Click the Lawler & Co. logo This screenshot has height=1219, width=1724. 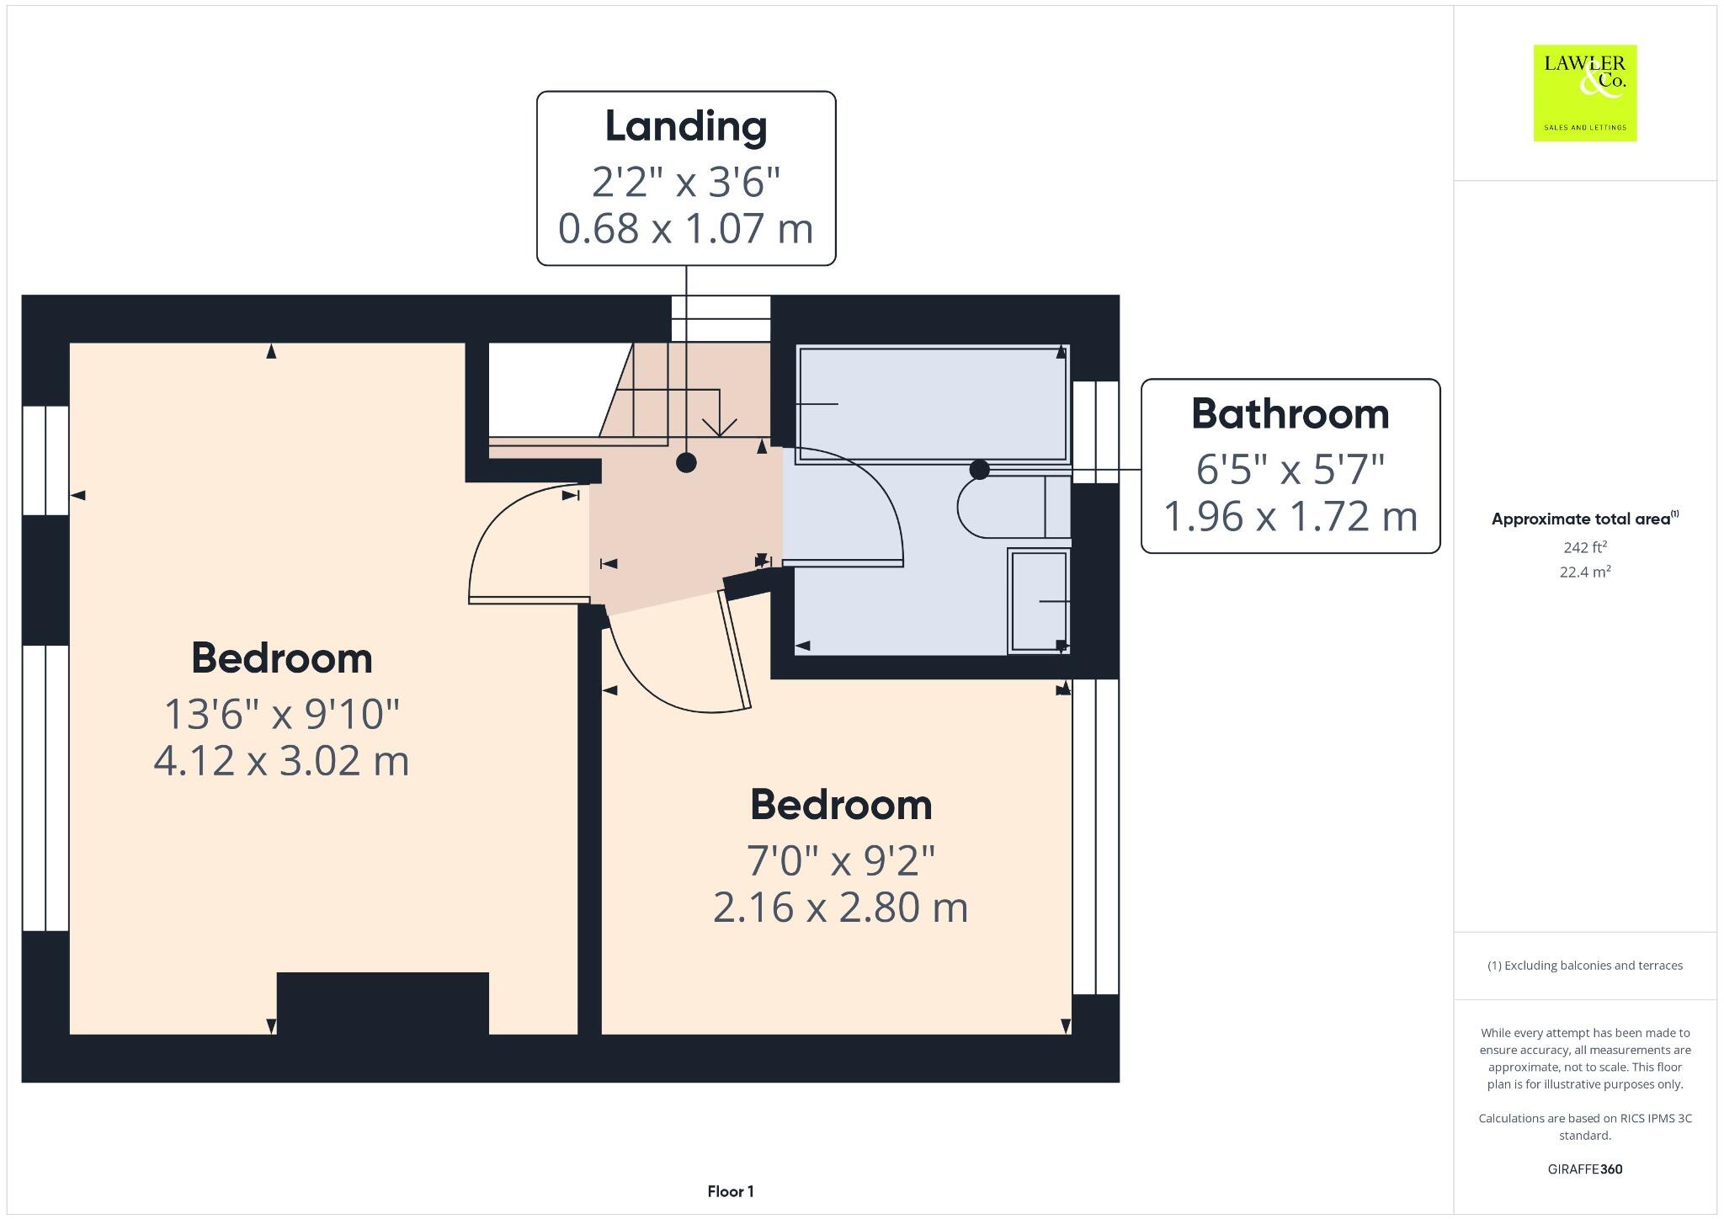1584,93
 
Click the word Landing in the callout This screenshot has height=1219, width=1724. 686,127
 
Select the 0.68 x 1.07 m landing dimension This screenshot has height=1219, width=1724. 686,228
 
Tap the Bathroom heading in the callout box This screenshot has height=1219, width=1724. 1290,414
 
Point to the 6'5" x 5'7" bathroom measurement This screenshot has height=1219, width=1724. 1290,469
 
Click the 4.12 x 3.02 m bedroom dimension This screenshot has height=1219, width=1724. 281,760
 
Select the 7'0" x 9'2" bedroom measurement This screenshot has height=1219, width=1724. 841,860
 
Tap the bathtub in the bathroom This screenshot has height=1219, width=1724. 932,404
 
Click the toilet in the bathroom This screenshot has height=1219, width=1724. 1010,507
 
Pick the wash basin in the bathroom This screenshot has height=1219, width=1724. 1039,601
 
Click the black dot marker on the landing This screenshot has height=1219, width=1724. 686,462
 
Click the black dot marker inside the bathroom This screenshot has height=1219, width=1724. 979,470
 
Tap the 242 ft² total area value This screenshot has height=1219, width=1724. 1585,547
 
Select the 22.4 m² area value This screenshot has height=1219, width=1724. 1585,572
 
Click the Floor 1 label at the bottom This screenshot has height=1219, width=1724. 730,1191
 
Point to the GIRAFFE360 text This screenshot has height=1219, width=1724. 1584,1168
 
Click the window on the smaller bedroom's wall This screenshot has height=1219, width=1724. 1095,837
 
